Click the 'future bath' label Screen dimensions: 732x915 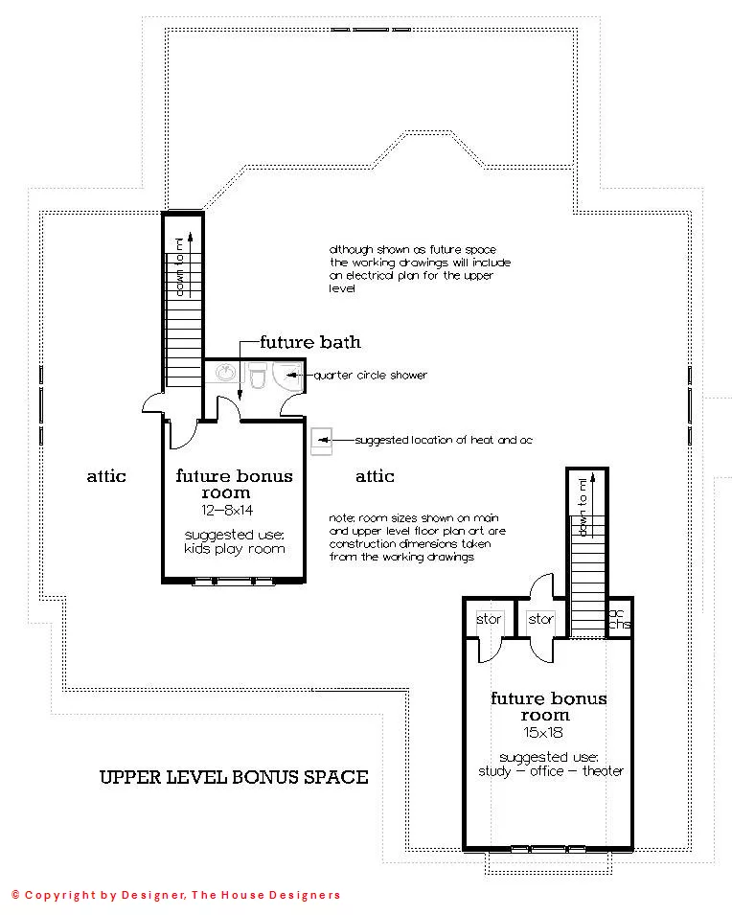coord(310,342)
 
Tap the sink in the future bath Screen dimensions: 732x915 coord(226,373)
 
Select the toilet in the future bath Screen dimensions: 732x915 coord(258,376)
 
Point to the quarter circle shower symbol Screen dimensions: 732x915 coord(286,376)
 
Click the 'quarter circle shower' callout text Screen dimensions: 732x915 coord(371,376)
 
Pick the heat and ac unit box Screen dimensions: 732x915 coord(321,441)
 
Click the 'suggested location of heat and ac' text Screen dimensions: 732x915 coord(444,440)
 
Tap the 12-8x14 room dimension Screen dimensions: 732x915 coord(227,510)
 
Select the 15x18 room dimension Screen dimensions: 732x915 coord(543,732)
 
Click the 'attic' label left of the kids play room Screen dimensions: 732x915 coord(106,476)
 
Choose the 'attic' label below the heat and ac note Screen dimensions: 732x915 coord(375,476)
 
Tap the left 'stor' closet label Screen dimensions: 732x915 coord(489,619)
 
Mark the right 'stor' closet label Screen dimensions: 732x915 coord(540,619)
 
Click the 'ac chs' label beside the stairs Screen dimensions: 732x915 coord(619,619)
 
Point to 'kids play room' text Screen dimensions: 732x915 coord(235,549)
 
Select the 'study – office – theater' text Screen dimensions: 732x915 coord(551,771)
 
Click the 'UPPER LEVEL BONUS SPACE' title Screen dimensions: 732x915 coord(234,777)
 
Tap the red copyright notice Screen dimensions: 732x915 coord(175,895)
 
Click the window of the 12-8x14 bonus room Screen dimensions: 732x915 coord(234,582)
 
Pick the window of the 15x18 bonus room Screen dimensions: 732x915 coord(548,849)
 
